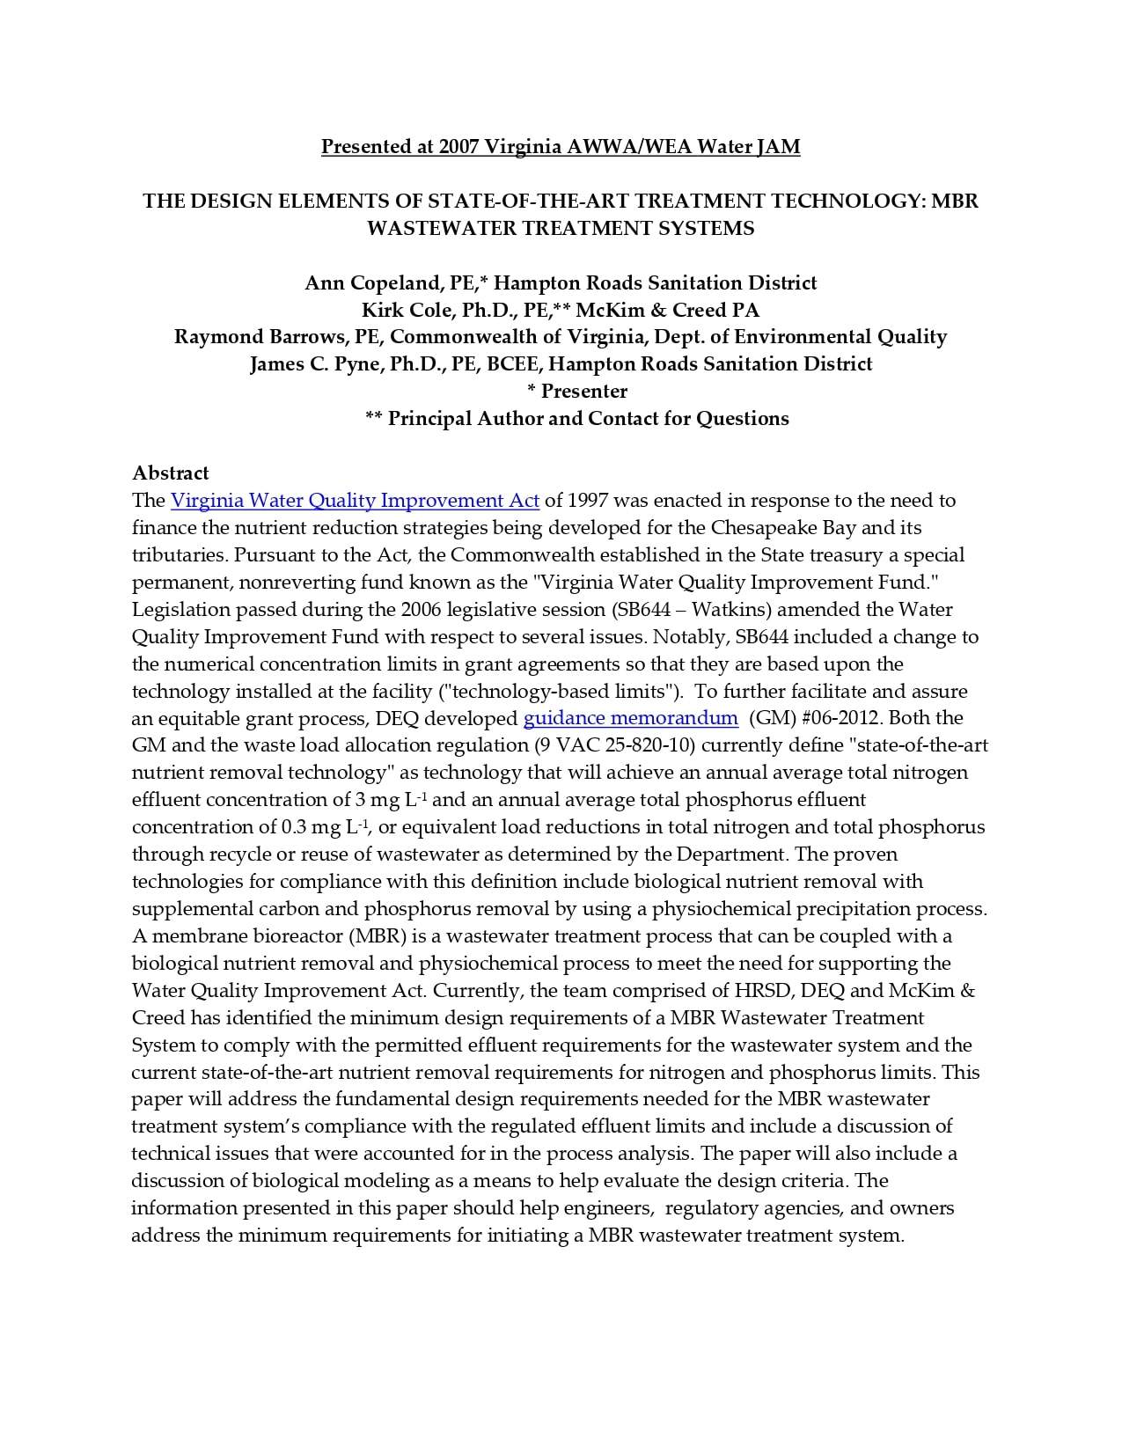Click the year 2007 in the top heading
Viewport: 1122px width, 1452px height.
pyautogui.click(x=458, y=146)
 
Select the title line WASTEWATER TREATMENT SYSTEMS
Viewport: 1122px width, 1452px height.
pyautogui.click(x=560, y=228)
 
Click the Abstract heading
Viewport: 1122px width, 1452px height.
pyautogui.click(x=171, y=473)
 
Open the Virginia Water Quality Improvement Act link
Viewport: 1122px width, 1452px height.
pyautogui.click(x=355, y=501)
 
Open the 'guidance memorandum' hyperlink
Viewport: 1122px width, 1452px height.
pyautogui.click(x=630, y=718)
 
